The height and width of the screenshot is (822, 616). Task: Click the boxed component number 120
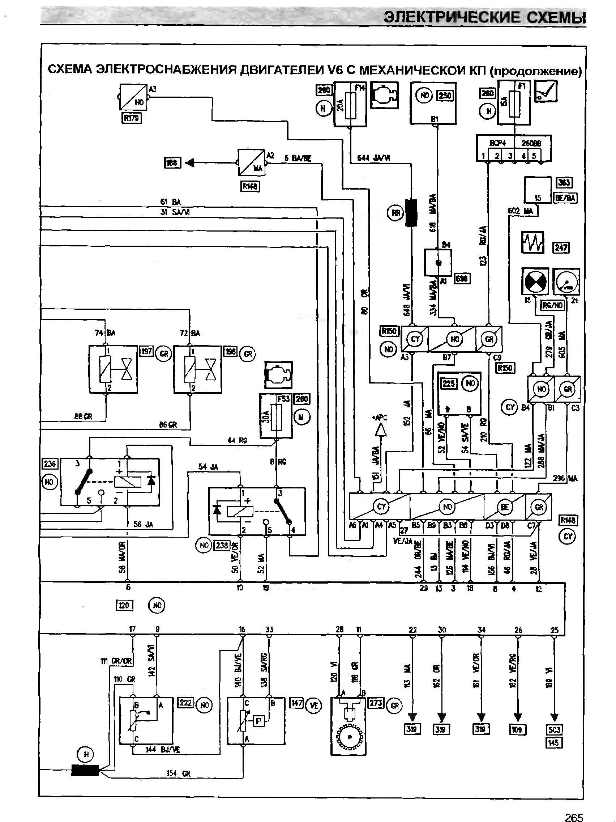(x=124, y=605)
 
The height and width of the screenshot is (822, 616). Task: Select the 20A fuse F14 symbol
(x=350, y=106)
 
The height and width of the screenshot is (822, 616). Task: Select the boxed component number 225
(x=449, y=383)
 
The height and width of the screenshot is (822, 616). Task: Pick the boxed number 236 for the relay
(x=50, y=464)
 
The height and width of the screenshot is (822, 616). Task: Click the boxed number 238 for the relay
(x=222, y=546)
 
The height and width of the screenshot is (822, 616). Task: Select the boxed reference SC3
(x=554, y=730)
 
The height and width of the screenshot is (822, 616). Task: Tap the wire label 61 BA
(x=170, y=202)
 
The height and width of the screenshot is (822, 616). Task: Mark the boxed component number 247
(x=561, y=247)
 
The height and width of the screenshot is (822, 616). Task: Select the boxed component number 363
(x=564, y=182)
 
